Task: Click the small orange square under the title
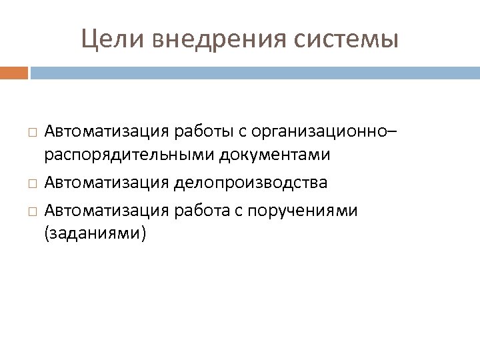pos(14,71)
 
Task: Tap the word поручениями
pos(303,211)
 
